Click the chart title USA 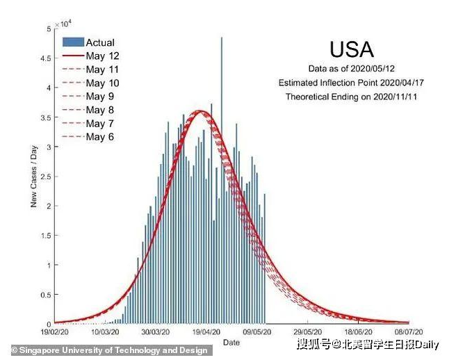pyautogui.click(x=351, y=49)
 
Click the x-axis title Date pyautogui.click(x=231, y=343)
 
